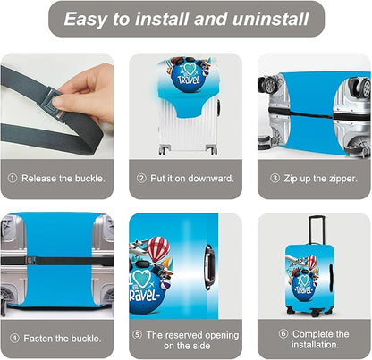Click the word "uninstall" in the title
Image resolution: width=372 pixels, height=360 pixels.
(x=270, y=19)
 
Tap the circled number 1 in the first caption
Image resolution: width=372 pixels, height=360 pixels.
(x=13, y=179)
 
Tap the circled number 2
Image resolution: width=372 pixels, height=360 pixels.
(x=141, y=179)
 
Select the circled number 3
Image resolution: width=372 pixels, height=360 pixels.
(x=275, y=179)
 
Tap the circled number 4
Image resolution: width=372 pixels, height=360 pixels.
(x=14, y=339)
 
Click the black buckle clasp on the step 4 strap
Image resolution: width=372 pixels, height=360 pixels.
(x=29, y=261)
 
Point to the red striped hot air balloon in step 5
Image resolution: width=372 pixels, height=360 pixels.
(x=158, y=248)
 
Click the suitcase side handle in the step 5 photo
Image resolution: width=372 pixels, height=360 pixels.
(x=209, y=267)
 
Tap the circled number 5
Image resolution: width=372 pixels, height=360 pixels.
(x=137, y=335)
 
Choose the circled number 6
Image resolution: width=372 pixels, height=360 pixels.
(x=283, y=333)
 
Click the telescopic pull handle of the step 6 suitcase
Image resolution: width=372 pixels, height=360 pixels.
(x=317, y=230)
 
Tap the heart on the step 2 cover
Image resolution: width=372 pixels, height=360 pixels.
(x=190, y=69)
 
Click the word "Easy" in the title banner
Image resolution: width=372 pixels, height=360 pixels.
(x=85, y=20)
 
